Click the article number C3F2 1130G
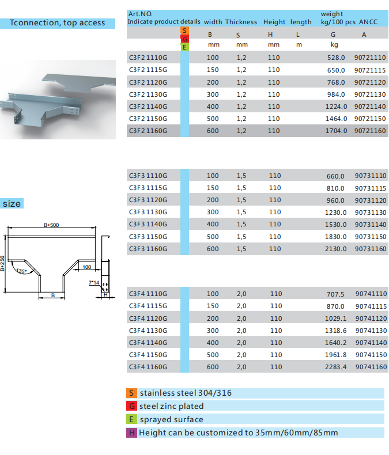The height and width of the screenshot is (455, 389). point(148,94)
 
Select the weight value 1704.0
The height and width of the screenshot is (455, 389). point(336,131)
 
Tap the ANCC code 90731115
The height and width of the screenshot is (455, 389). point(371,188)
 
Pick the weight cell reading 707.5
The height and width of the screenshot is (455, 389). point(335,294)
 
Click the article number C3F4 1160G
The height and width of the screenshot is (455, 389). point(148,367)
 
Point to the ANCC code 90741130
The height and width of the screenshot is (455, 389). point(371,331)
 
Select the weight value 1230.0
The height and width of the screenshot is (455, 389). point(335,213)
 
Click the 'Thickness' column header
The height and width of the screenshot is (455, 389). point(241,22)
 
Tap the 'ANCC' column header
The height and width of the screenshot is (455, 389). point(368,22)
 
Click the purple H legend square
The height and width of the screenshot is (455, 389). point(131,433)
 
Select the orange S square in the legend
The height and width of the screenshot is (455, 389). point(131,393)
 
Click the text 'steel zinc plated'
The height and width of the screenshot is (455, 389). point(171,406)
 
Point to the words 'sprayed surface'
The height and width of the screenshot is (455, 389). point(171,420)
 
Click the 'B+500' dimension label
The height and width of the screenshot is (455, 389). point(51,225)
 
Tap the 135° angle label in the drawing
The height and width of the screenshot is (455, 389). point(21,271)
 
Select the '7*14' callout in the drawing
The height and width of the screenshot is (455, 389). point(94,282)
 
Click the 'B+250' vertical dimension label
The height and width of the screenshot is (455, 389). point(2,263)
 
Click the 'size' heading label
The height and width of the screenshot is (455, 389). point(12,204)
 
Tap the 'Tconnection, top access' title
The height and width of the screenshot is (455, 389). point(58,23)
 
